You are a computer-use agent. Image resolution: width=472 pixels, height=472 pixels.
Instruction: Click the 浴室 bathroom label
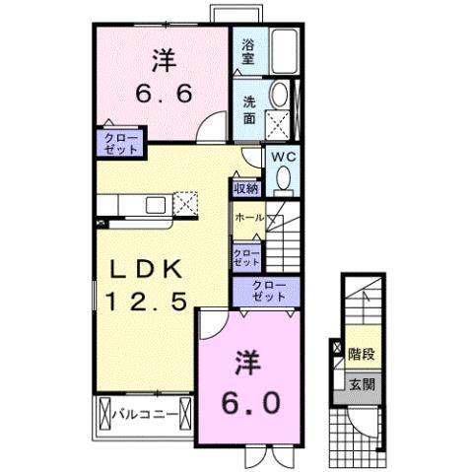click(246, 51)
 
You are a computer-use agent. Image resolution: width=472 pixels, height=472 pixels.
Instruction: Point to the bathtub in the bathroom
click(284, 50)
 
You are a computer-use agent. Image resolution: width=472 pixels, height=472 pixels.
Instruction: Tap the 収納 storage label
click(246, 186)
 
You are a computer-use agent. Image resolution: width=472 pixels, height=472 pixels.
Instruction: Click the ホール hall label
click(248, 216)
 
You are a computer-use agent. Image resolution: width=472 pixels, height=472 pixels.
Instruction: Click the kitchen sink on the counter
click(156, 205)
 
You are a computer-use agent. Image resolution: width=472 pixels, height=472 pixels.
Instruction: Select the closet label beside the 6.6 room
click(118, 140)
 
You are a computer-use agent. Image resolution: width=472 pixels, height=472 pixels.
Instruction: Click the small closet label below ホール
click(246, 257)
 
